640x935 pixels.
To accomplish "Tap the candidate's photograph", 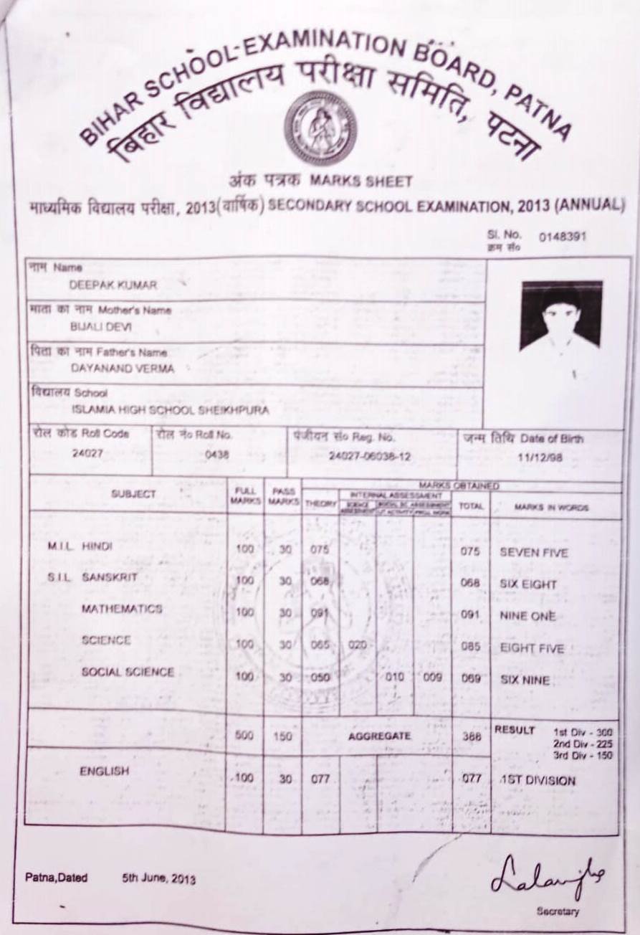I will [561, 315].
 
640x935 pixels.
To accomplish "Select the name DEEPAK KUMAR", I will [113, 284].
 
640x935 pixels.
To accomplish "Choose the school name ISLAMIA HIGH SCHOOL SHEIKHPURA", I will [171, 411].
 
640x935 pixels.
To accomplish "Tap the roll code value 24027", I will [88, 452].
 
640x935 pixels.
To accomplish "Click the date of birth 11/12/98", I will [543, 455].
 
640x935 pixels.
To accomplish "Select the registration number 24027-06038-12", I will [370, 455].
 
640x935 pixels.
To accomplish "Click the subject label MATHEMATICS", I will [121, 609].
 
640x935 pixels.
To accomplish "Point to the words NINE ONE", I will [527, 616].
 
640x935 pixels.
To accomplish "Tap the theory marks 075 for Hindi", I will [320, 550].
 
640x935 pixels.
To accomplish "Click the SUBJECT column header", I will [133, 495].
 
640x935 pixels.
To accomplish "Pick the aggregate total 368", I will [471, 736].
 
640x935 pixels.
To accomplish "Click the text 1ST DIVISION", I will [538, 780].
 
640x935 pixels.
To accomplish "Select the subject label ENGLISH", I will [104, 772].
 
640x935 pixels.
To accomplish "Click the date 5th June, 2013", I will [159, 878].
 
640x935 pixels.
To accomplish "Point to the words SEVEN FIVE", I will [533, 553].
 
